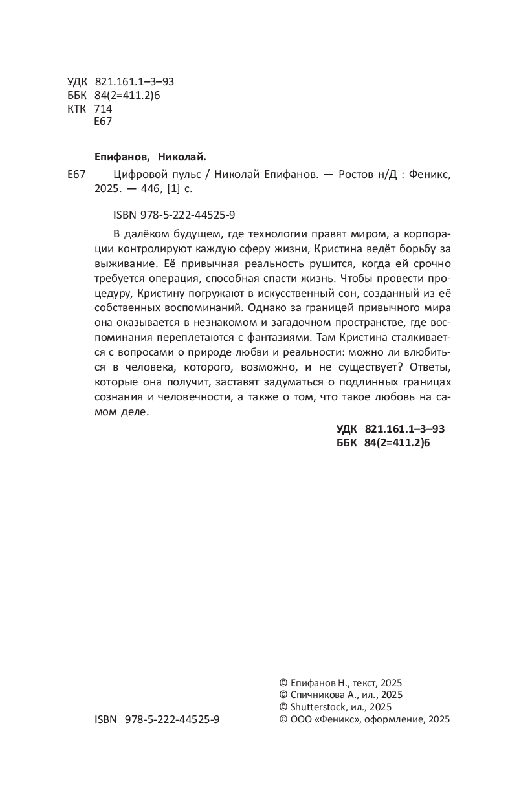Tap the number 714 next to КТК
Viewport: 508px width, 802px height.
pyautogui.click(x=103, y=109)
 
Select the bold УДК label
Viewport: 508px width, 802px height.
pyautogui.click(x=348, y=429)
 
